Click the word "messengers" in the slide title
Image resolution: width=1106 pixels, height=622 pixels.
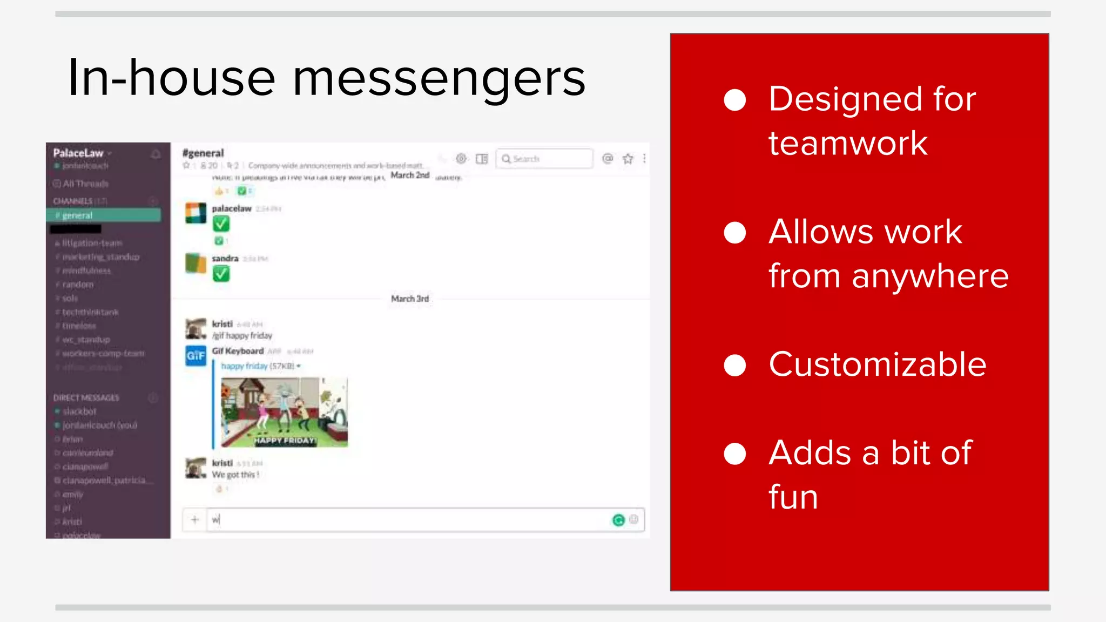(439, 79)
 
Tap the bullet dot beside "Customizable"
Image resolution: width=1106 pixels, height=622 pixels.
(734, 365)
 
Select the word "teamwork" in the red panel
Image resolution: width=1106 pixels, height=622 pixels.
(848, 144)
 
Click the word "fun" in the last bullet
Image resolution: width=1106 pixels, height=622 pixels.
(793, 497)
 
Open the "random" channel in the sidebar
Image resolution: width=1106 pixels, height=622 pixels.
(78, 285)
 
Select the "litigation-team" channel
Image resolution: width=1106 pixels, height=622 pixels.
(92, 243)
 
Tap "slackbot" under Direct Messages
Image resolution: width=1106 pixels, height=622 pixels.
(79, 411)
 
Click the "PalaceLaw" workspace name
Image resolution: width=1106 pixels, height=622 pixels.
(78, 153)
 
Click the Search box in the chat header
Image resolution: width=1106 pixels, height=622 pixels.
(544, 159)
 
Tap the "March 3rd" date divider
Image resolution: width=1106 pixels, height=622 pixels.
(410, 299)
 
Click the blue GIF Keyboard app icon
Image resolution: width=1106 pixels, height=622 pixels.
(195, 355)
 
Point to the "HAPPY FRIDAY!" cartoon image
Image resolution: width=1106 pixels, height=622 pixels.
(284, 412)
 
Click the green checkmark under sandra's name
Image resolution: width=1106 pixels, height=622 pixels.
(221, 274)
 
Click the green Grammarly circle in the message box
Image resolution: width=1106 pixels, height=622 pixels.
(618, 520)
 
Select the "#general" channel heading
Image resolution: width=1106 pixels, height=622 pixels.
(203, 153)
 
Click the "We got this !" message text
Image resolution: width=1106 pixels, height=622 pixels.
(235, 475)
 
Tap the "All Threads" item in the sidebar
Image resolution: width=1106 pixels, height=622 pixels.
(85, 184)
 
